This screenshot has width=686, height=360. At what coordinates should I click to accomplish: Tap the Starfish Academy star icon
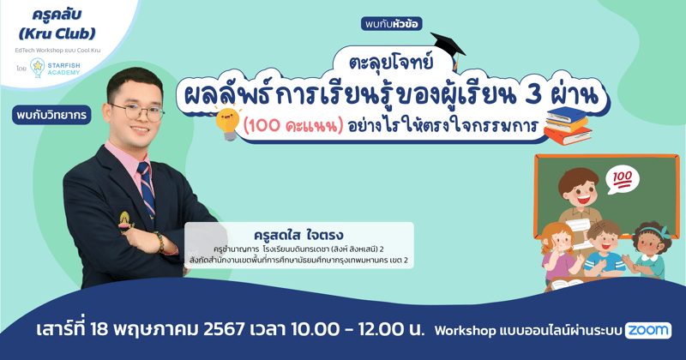coord(37,69)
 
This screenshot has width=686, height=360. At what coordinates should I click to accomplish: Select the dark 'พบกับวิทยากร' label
coord(52,115)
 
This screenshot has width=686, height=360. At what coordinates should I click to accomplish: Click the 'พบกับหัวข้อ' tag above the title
coord(392,24)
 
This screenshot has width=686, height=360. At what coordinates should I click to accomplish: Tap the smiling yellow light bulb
coord(227,123)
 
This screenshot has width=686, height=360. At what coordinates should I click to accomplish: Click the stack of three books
coord(565,125)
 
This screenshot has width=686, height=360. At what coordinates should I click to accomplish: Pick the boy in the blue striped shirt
coord(604,249)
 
